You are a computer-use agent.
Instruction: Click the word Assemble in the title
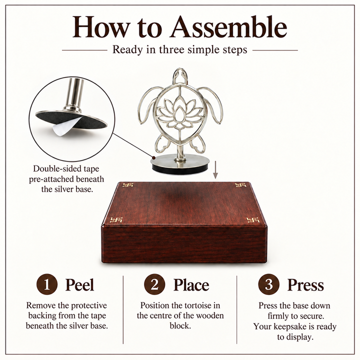pos(228,27)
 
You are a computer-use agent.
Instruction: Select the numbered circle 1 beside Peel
pos(47,284)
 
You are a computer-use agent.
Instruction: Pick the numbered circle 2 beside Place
pos(154,284)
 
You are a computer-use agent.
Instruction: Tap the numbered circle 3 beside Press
pos(268,284)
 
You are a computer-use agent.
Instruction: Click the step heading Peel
pos(79,284)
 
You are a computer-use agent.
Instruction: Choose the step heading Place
pos(191,284)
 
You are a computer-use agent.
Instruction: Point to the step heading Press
pos(305,284)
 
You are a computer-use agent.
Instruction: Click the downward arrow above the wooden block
pos(215,169)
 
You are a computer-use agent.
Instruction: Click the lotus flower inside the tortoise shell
pos(180,112)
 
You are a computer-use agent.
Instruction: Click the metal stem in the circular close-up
pos(74,94)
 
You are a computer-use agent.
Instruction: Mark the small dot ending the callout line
pos(153,157)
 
